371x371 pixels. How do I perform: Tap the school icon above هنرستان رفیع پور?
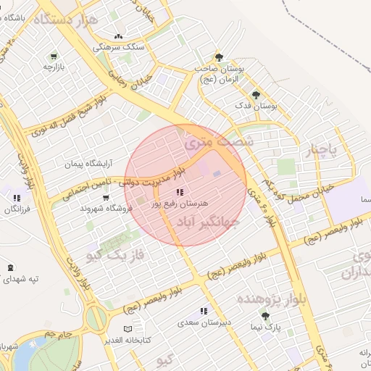[x=179, y=192]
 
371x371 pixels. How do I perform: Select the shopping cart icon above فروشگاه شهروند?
[x=107, y=197]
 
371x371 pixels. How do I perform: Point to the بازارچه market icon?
[x=54, y=56]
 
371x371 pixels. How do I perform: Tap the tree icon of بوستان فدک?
[x=255, y=94]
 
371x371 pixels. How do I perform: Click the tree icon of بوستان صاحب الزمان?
[x=219, y=57]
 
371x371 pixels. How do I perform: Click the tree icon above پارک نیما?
[x=265, y=316]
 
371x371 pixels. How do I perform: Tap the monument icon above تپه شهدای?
[x=9, y=267]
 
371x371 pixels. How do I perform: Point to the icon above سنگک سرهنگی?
[x=119, y=36]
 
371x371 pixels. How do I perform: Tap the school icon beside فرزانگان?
[x=16, y=197]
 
